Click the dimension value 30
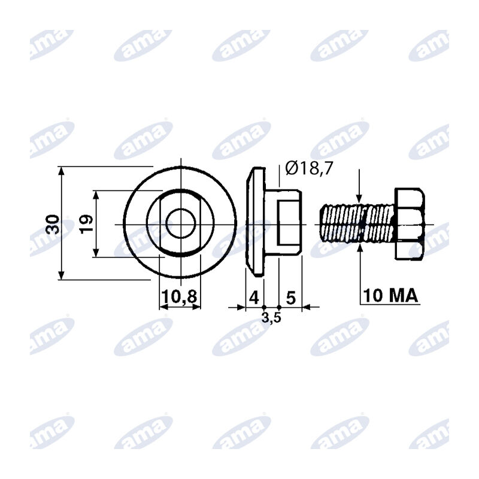pos(53,224)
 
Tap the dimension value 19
pos(86,224)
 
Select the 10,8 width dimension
pos(180,296)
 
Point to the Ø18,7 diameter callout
pos(308,168)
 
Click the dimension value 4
pos(254,297)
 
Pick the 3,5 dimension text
pos(271,318)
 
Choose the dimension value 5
pos(291,298)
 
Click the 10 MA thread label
pos(390,295)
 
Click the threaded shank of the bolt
pos(357,224)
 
